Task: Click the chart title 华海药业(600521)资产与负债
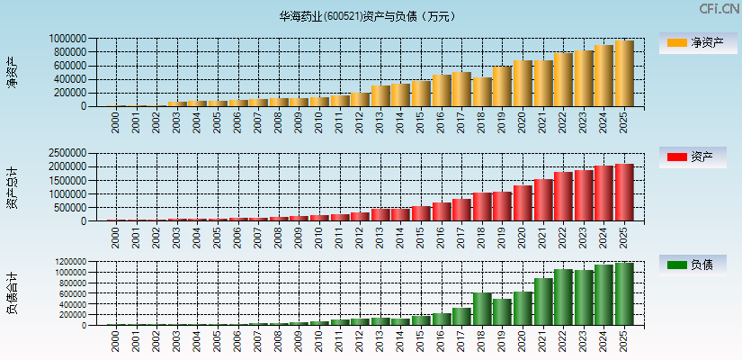click(368, 15)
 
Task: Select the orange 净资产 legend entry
click(696, 43)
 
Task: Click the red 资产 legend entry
click(696, 157)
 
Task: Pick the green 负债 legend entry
click(696, 265)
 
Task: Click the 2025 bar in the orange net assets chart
click(624, 74)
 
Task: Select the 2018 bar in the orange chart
click(482, 92)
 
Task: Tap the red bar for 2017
click(461, 210)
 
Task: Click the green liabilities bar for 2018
click(482, 309)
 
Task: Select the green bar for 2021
click(543, 301)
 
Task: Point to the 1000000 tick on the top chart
click(68, 39)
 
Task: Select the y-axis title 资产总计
click(13, 187)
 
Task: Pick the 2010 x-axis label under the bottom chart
click(319, 341)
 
